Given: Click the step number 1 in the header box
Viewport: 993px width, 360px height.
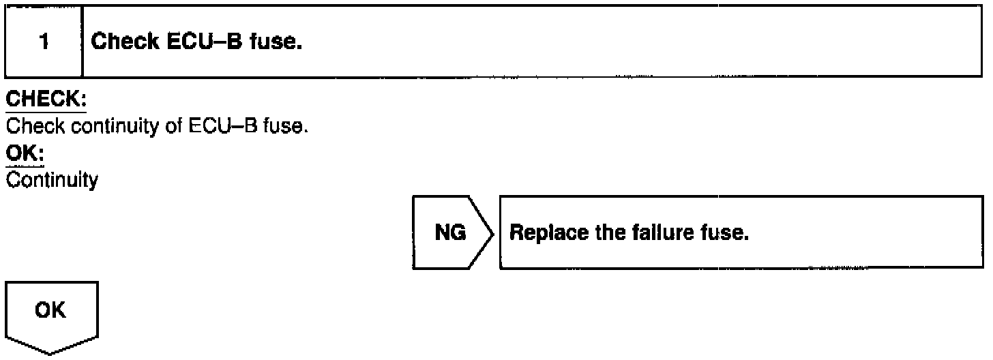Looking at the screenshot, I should pyautogui.click(x=44, y=42).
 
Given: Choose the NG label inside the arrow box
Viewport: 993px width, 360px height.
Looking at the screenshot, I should pyautogui.click(x=450, y=233).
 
